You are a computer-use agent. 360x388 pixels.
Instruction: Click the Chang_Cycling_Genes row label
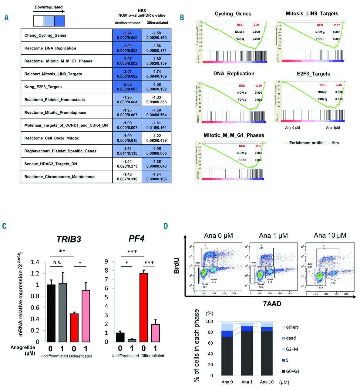coord(45,35)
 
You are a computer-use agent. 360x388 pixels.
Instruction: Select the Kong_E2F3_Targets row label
coord(43,87)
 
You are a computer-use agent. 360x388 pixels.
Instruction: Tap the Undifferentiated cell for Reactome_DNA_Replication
coord(127,48)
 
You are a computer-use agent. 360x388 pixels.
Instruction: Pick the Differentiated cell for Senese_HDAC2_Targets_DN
coord(157,164)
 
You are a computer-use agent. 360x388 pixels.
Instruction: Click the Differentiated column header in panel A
coord(157,23)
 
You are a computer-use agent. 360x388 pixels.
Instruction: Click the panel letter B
coord(182,18)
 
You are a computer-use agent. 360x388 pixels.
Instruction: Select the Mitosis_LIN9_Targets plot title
coord(312,14)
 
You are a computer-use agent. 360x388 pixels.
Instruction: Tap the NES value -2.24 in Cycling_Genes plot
coord(256,25)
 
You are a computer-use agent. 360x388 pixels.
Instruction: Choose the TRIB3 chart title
coord(69,239)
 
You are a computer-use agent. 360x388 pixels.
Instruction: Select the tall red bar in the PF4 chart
coord(144,307)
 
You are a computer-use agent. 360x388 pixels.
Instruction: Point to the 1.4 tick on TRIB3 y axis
coord(35,262)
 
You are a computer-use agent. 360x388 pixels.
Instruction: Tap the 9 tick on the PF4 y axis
coord(106,262)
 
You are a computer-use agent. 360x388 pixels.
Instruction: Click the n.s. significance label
coord(57,263)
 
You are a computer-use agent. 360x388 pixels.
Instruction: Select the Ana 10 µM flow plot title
coord(330,236)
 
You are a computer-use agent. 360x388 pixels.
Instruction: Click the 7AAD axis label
coord(272,303)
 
